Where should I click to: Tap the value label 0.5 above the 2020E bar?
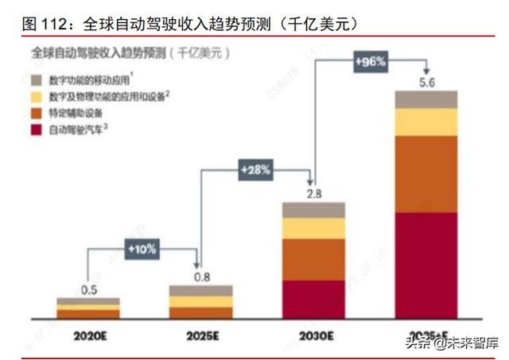[x=87, y=288]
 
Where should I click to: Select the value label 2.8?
[x=313, y=192]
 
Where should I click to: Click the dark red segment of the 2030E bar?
[x=313, y=299]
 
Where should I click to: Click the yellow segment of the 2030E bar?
[x=313, y=228]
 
